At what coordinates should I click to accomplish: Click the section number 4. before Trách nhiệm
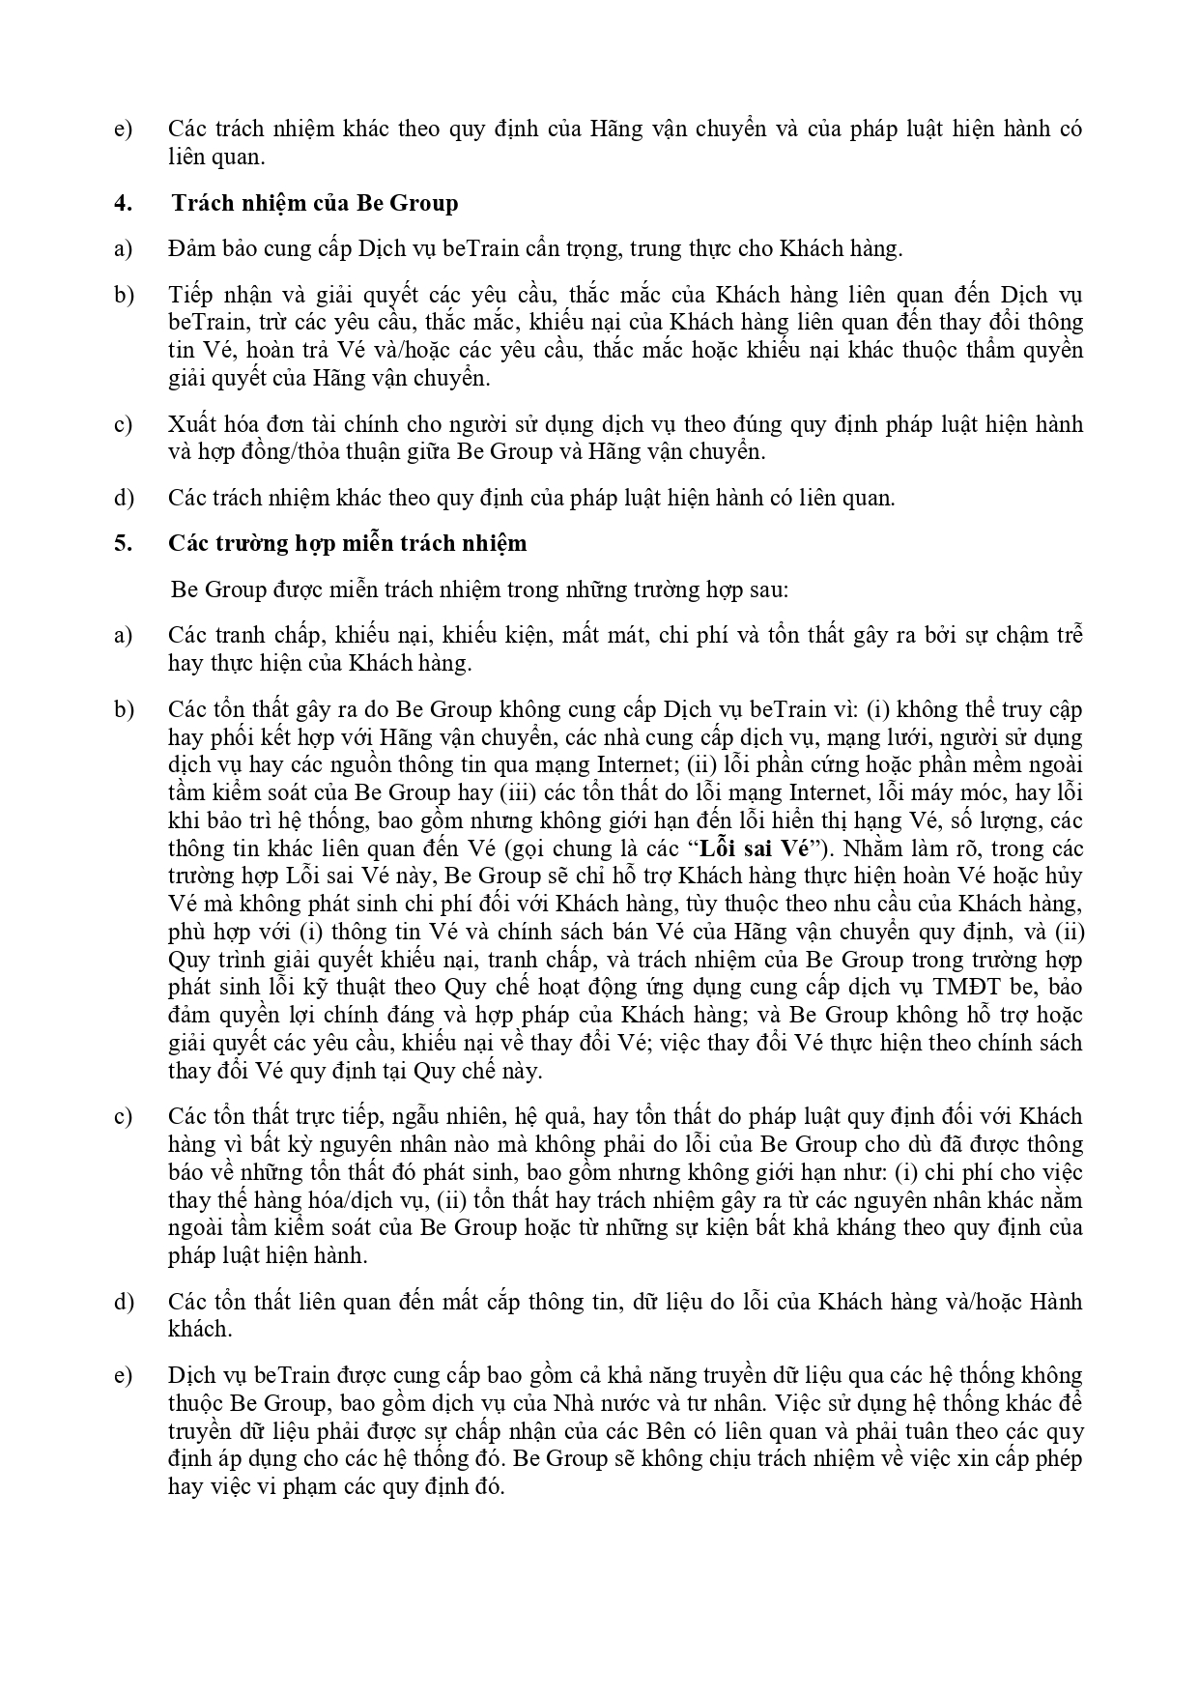[122, 203]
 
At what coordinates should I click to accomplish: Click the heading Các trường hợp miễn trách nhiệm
[348, 543]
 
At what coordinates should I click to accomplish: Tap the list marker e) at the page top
[123, 129]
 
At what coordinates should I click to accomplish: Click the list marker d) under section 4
[123, 498]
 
